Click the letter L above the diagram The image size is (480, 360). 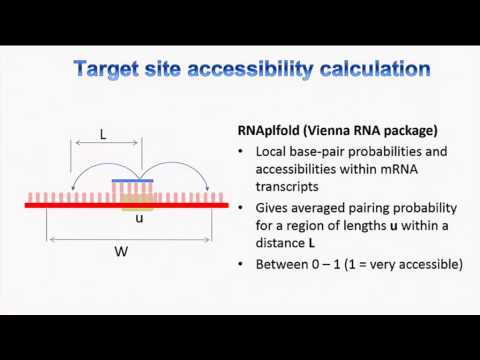103,132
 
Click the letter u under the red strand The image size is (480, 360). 138,217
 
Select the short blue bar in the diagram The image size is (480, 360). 138,180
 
